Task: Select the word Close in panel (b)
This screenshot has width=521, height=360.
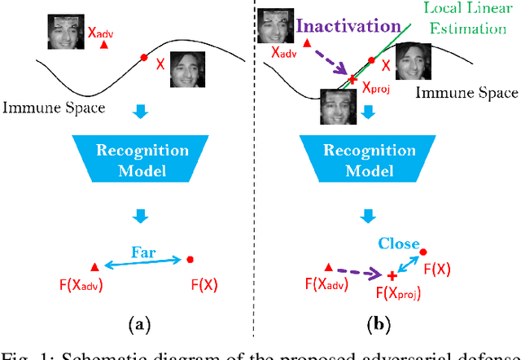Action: pos(399,244)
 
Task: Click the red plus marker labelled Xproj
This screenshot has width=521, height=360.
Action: pos(352,78)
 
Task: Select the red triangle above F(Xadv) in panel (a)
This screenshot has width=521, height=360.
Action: pos(95,266)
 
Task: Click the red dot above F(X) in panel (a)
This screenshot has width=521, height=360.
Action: pos(190,260)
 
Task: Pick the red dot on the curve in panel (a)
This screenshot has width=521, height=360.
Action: pos(144,57)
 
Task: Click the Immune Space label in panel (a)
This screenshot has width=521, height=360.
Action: pos(54,107)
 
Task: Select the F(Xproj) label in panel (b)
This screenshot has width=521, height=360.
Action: pos(398,293)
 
